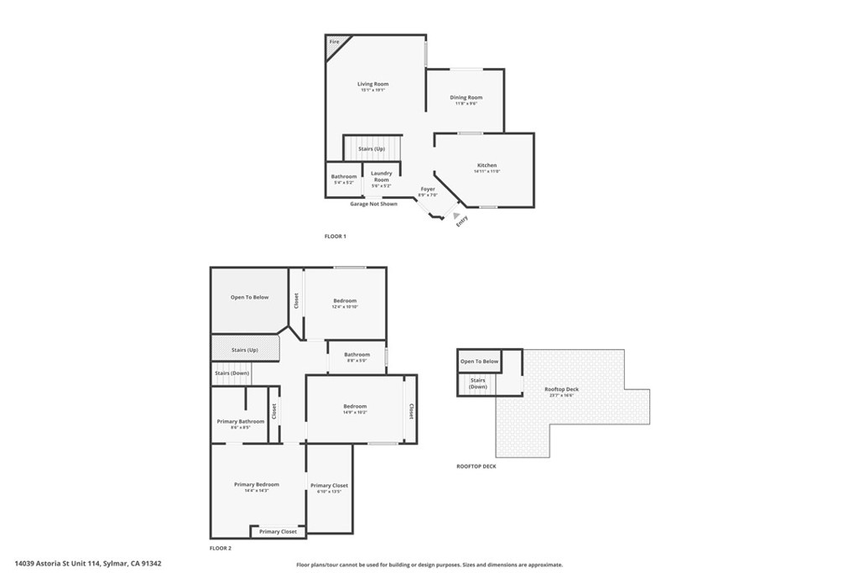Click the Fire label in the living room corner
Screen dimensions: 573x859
pyautogui.click(x=334, y=41)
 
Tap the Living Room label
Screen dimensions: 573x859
pyautogui.click(x=373, y=84)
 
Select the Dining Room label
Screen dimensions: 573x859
pyautogui.click(x=466, y=98)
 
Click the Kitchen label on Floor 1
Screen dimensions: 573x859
pyautogui.click(x=487, y=165)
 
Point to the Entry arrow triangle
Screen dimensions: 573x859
pyautogui.click(x=456, y=216)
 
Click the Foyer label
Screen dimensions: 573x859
pyautogui.click(x=428, y=190)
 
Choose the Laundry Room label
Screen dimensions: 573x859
pyautogui.click(x=381, y=177)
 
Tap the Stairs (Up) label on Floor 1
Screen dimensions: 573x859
pyautogui.click(x=372, y=148)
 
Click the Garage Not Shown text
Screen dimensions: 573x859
pyautogui.click(x=373, y=204)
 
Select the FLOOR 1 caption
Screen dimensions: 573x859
pyautogui.click(x=336, y=237)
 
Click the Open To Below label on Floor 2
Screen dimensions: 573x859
pyautogui.click(x=249, y=297)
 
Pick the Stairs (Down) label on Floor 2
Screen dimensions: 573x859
pyautogui.click(x=232, y=373)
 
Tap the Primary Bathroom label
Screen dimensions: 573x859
pyautogui.click(x=241, y=421)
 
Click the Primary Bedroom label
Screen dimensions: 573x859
pyautogui.click(x=257, y=484)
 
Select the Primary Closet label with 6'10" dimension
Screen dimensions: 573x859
pyautogui.click(x=329, y=486)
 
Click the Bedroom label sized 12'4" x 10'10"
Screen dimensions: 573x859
pyautogui.click(x=345, y=301)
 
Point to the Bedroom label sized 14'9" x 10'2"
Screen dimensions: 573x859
pyautogui.click(x=355, y=407)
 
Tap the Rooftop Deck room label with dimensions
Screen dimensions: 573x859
pyautogui.click(x=561, y=389)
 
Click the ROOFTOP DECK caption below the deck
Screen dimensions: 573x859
pyautogui.click(x=476, y=466)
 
